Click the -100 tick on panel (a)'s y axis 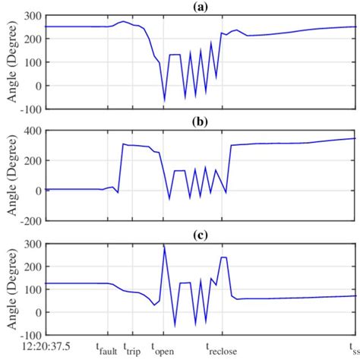[x=27, y=109]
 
